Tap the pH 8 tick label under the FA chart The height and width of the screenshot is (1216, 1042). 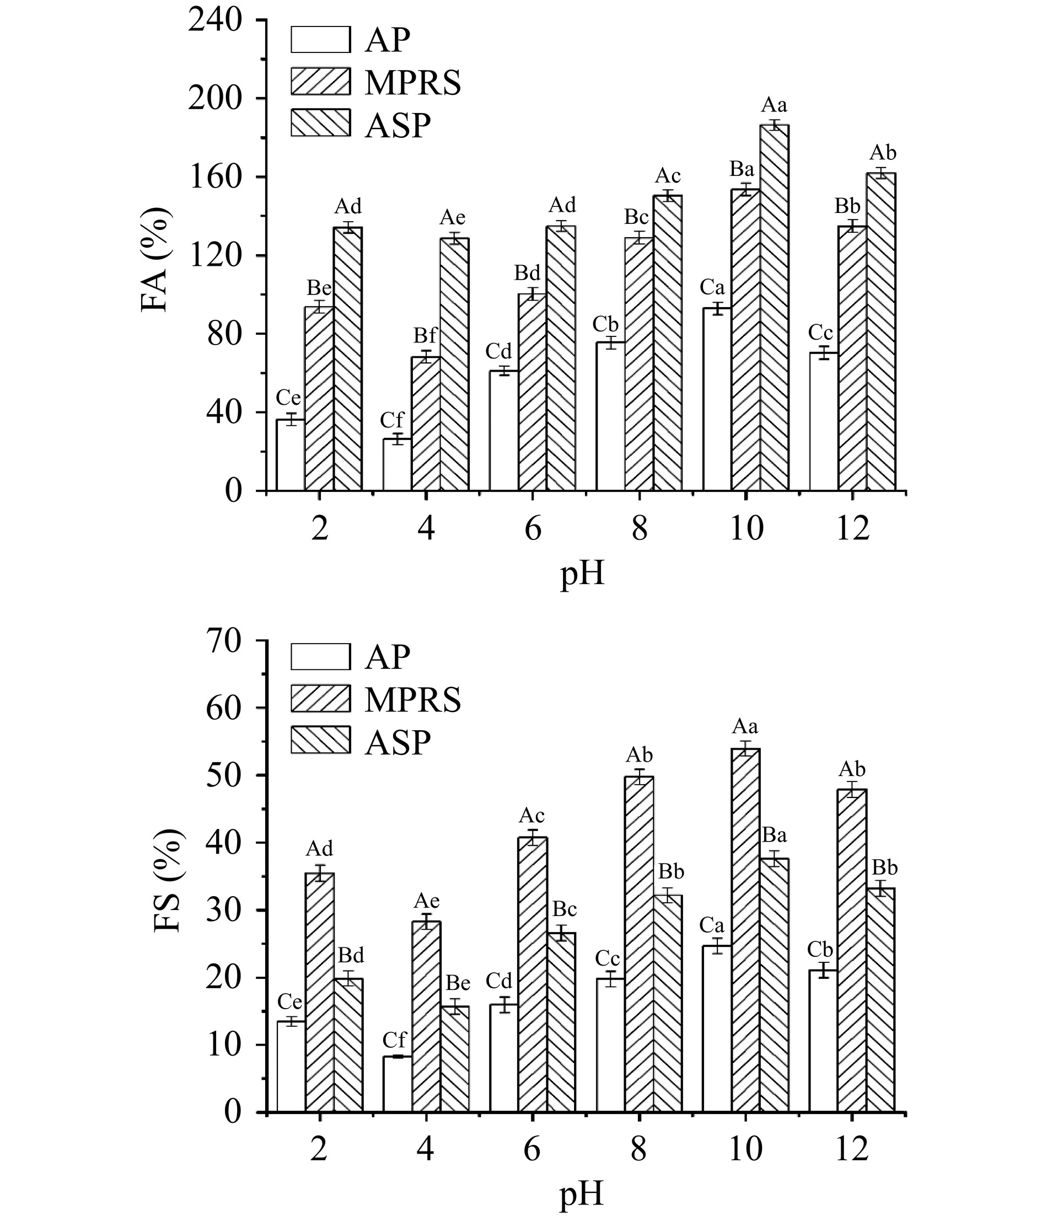click(x=639, y=529)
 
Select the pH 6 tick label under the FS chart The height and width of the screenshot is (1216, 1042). click(x=532, y=1151)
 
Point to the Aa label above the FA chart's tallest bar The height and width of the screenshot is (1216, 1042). click(x=775, y=106)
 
